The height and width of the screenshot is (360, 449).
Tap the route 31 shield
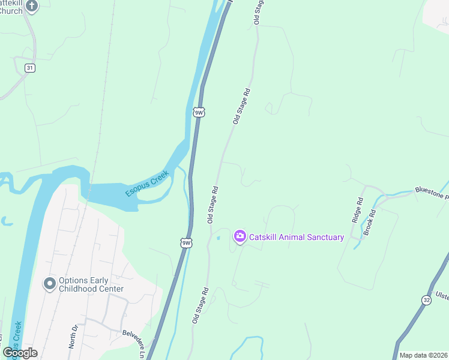coord(29,68)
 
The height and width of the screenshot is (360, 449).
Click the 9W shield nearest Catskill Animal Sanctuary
coord(187,242)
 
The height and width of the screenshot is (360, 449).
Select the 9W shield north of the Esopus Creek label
coord(199,112)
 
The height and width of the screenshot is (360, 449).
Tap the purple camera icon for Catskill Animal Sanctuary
coord(240,236)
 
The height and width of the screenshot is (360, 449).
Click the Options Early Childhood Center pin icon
coord(49,283)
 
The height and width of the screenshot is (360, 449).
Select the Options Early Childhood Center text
coord(91,284)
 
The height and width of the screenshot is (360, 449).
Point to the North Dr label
coord(74,337)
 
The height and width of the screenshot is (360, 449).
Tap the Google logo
coord(20,353)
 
